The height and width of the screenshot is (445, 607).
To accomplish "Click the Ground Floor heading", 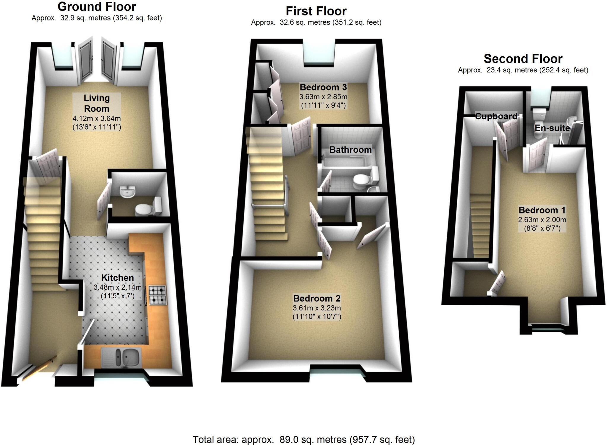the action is [x=97, y=7].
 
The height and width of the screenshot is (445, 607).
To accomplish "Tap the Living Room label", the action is [x=97, y=103].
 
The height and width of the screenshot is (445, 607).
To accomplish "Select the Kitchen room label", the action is [x=117, y=278].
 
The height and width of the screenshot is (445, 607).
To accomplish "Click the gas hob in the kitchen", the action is [x=157, y=295].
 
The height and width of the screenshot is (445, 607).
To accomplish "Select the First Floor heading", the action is [x=316, y=11].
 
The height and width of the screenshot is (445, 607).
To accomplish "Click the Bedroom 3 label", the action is [x=323, y=87].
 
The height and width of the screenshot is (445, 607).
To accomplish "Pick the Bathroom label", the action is [x=350, y=150].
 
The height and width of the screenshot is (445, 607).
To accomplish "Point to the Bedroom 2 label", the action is [x=317, y=298].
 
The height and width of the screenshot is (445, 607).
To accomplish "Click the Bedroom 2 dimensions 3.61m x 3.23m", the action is [x=317, y=308].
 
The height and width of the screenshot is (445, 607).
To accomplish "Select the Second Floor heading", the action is [x=523, y=59].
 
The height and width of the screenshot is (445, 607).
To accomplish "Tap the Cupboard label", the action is [x=496, y=116].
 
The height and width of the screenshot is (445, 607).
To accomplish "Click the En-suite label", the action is [x=552, y=128].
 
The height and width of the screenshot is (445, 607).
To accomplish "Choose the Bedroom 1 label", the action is [x=542, y=210].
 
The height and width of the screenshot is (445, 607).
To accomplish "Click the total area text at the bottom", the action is [x=303, y=439].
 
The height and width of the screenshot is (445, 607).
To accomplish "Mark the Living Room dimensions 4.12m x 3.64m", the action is [x=97, y=119].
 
